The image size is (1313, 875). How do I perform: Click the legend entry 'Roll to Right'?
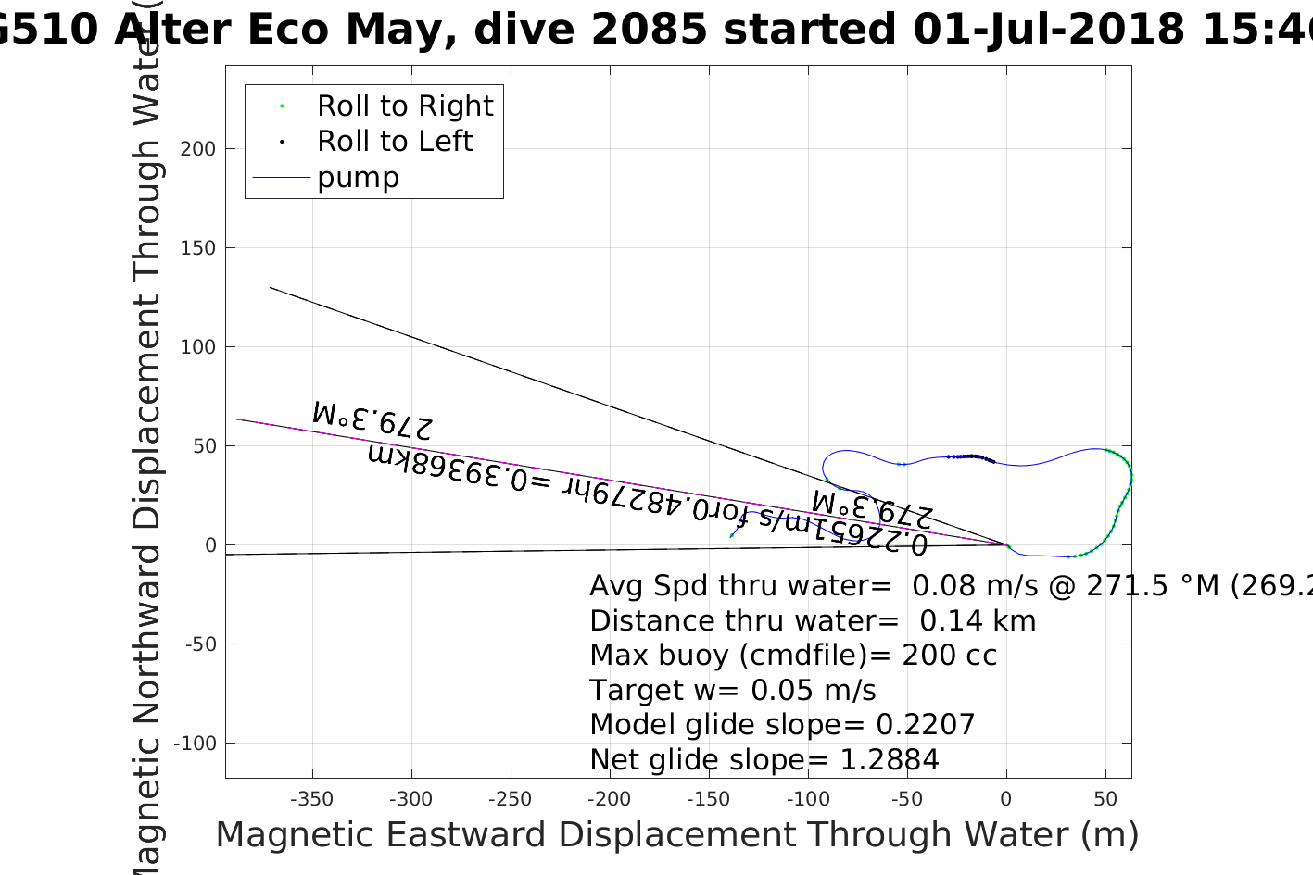(x=404, y=106)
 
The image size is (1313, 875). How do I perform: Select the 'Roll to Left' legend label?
(x=395, y=142)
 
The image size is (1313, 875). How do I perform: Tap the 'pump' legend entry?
(x=358, y=178)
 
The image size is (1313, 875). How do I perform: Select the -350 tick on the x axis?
(x=311, y=799)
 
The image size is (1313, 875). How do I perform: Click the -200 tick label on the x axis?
(x=609, y=799)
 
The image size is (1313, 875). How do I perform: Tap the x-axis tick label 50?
(x=1105, y=799)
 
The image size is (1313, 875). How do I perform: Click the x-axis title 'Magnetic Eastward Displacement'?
(x=676, y=835)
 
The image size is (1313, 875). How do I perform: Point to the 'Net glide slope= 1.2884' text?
(x=764, y=760)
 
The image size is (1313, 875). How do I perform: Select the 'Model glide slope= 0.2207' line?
(x=782, y=725)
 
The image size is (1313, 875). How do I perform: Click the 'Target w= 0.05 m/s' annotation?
(x=732, y=691)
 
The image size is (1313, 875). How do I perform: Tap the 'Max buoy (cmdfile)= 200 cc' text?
(x=793, y=656)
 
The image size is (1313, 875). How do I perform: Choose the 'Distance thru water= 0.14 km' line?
(x=813, y=621)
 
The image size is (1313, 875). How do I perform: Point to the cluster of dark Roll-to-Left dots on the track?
(x=971, y=456)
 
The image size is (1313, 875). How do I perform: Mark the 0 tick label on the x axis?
(x=1006, y=799)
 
